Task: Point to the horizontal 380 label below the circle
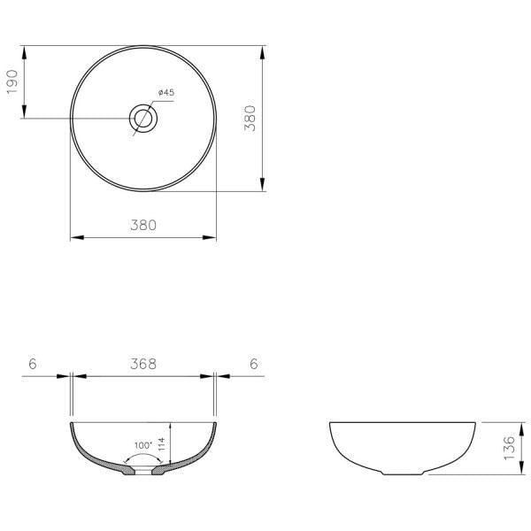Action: (x=142, y=225)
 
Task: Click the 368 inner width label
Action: (x=142, y=364)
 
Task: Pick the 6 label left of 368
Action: (x=32, y=364)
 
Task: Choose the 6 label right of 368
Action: (x=253, y=364)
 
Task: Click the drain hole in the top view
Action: (x=143, y=118)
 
